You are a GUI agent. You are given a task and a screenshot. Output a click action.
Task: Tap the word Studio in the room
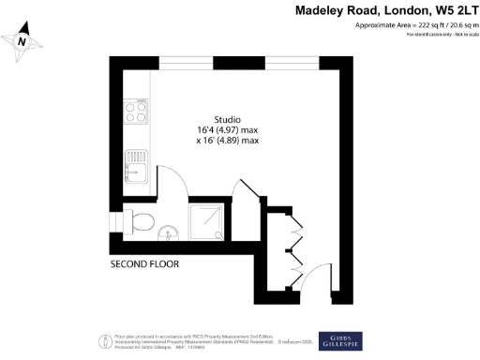pyautogui.click(x=228, y=119)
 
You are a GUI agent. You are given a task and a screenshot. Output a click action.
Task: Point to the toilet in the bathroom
pyautogui.click(x=142, y=222)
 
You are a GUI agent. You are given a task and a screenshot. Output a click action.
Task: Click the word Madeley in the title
pyautogui.click(x=327, y=12)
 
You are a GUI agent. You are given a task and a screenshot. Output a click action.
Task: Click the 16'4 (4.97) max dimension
pyautogui.click(x=228, y=130)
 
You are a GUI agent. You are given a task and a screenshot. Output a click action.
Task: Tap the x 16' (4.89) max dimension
pyautogui.click(x=227, y=142)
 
